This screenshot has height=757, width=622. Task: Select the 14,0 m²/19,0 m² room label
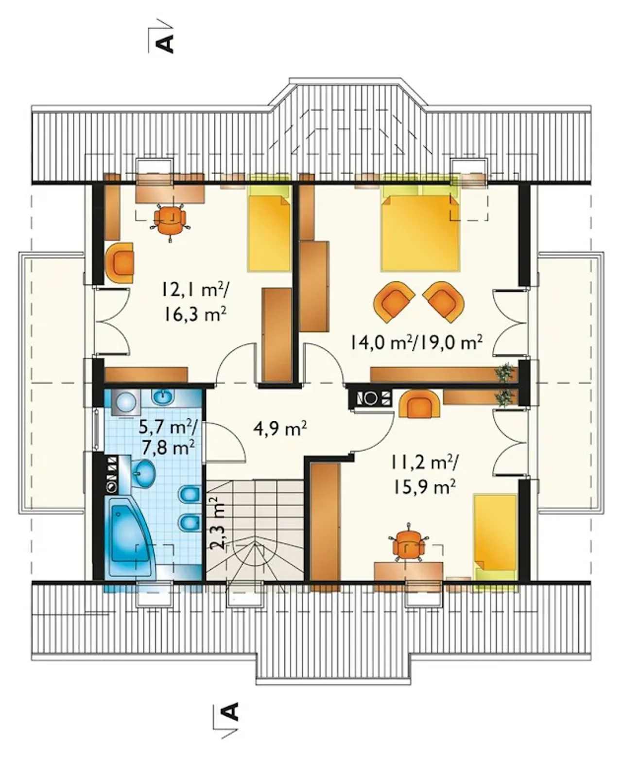pos(416,343)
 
